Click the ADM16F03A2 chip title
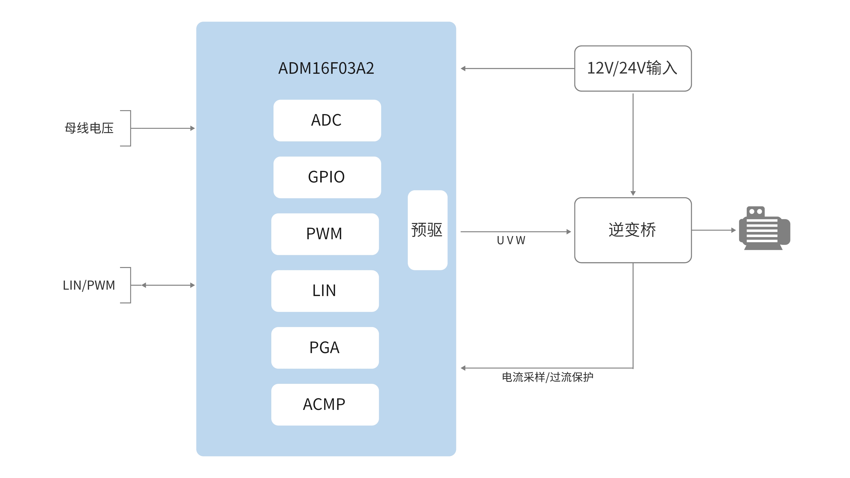(326, 68)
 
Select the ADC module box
(327, 120)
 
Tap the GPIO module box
(327, 177)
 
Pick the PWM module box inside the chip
(325, 234)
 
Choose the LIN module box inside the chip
(325, 291)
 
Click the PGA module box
(325, 347)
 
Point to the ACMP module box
(325, 404)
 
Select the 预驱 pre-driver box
(427, 230)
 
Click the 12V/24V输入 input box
(633, 68)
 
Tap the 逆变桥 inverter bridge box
(633, 230)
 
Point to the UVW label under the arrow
(511, 240)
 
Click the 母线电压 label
(89, 128)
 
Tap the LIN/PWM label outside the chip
(89, 285)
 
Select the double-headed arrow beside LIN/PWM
(168, 285)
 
